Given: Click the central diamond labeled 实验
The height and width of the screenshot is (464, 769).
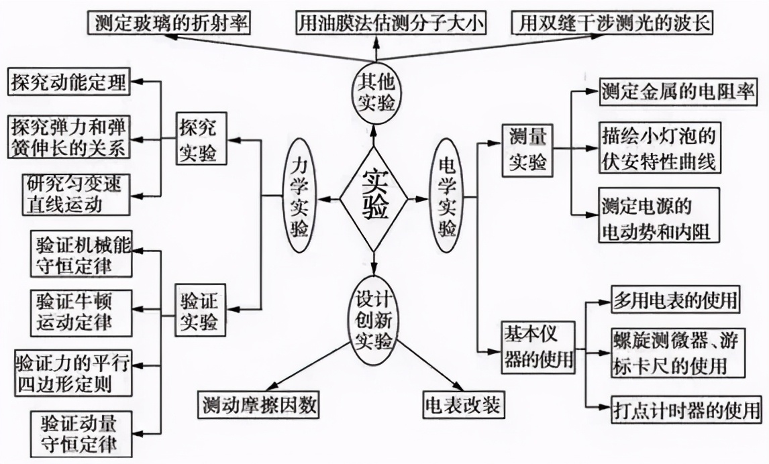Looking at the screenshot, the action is [374, 198].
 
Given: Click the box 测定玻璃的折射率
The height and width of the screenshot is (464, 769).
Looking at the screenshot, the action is [169, 23].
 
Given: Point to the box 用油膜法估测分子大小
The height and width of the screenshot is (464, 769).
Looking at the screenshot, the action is [391, 23].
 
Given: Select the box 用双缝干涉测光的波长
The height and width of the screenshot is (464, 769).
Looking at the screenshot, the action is [612, 23].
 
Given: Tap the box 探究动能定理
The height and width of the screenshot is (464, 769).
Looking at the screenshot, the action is [68, 82].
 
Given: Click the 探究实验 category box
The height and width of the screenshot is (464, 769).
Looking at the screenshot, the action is [201, 139].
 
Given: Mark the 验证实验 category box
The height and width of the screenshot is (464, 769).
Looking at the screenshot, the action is [201, 310].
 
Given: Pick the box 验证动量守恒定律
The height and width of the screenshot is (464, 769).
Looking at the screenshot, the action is [81, 434].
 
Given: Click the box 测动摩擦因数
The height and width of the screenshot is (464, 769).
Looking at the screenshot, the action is [259, 405].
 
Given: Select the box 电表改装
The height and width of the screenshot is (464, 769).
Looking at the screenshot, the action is [464, 405].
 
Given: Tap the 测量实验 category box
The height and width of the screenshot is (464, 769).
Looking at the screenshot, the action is [527, 150].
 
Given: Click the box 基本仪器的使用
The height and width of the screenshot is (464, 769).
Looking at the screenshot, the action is [538, 347].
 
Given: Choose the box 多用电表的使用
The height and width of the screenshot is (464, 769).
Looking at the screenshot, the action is [676, 300].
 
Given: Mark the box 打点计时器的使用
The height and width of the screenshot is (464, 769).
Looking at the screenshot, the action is [687, 409].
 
